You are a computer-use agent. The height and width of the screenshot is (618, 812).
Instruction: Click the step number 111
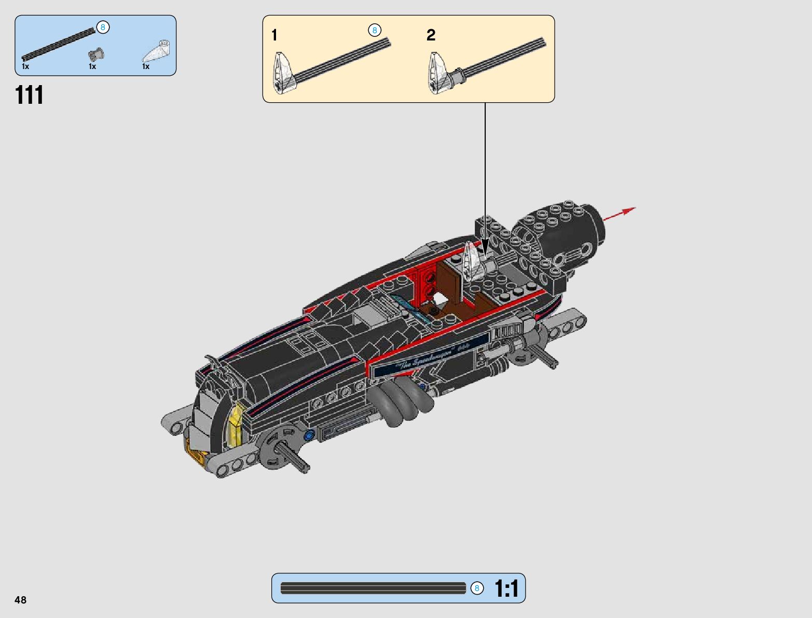[x=30, y=95]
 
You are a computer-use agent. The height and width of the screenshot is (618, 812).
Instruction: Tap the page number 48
[x=21, y=600]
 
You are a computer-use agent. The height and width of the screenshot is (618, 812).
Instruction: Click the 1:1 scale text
[x=506, y=589]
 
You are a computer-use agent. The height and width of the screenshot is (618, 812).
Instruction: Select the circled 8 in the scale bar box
[x=477, y=588]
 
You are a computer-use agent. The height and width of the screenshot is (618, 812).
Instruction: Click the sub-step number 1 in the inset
[x=274, y=35]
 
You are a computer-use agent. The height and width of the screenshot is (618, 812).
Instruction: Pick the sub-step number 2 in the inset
[x=431, y=35]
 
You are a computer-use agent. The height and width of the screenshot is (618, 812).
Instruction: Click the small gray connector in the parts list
[x=96, y=54]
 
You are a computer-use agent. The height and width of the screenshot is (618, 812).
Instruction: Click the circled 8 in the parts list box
[x=103, y=28]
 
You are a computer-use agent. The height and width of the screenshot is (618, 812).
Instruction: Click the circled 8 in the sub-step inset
[x=375, y=31]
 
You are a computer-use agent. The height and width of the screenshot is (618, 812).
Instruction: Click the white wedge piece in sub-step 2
[x=438, y=74]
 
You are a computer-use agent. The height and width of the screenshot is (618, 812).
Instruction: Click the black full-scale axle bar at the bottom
[x=373, y=588]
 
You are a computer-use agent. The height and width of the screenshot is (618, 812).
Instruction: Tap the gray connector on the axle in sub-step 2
[x=458, y=78]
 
